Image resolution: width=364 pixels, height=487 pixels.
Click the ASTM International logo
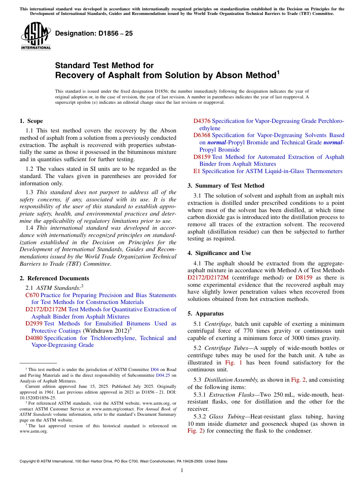[36, 36]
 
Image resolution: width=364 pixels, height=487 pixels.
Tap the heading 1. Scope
[31, 121]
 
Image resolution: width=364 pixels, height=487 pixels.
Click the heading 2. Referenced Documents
[54, 278]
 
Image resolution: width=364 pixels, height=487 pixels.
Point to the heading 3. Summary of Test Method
[226, 186]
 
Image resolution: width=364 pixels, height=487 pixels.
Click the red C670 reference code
[32, 295]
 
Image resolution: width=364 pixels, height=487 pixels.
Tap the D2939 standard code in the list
[34, 324]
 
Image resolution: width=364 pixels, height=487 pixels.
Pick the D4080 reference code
[34, 338]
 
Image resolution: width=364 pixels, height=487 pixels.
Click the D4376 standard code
[202, 121]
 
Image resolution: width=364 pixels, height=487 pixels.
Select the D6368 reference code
[202, 135]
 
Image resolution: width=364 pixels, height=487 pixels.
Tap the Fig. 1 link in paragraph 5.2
[233, 363]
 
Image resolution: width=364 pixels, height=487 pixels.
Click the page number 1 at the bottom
[182, 471]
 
